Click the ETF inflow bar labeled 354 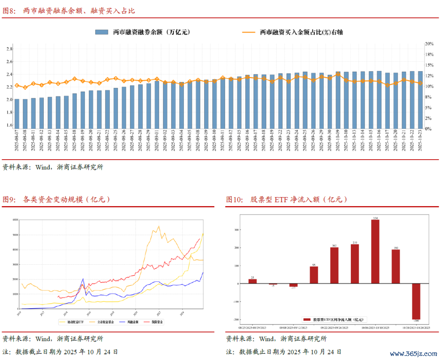tap(375, 252)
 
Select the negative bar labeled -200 tap(416, 301)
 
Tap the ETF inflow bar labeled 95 tap(314, 275)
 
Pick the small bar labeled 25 tap(253, 281)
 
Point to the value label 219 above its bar tap(354, 242)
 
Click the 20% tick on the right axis tap(429, 44)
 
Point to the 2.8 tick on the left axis tap(9, 49)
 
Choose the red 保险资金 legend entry tap(155, 322)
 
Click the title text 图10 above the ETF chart tap(234, 200)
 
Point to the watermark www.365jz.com tap(411, 353)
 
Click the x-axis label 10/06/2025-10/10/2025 tap(375, 327)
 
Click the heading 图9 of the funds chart tap(9, 200)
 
